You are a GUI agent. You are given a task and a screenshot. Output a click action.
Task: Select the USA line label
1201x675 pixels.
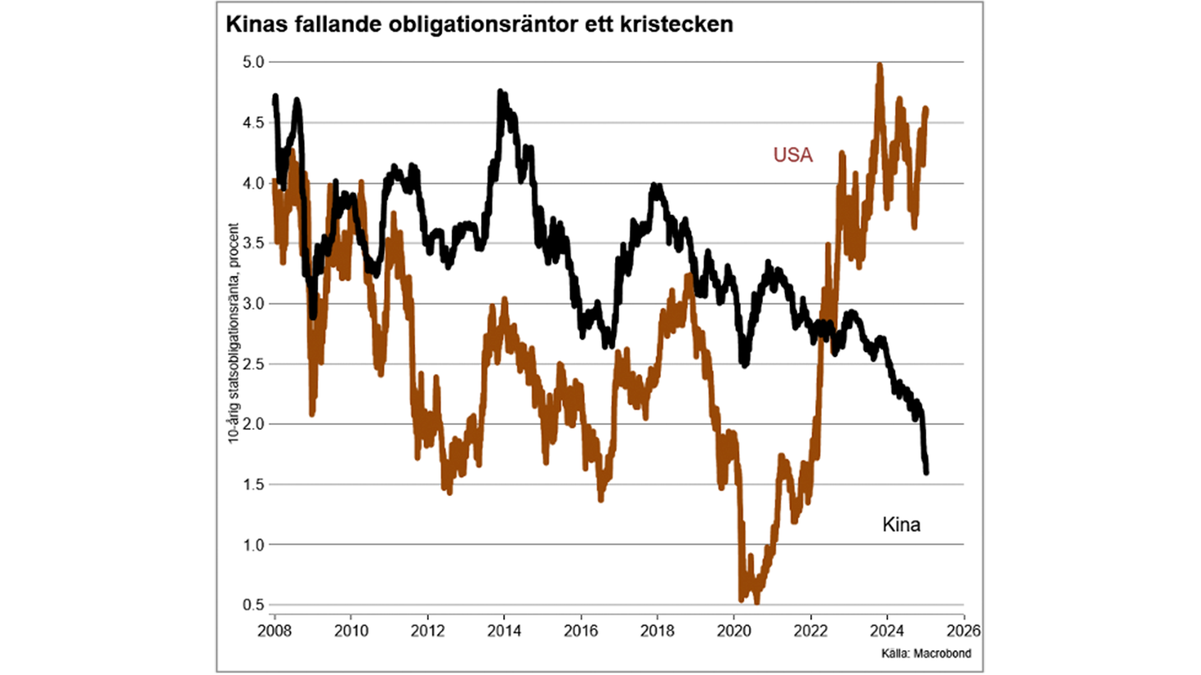[793, 155]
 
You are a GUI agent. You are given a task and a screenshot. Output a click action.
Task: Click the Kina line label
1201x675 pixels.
[901, 524]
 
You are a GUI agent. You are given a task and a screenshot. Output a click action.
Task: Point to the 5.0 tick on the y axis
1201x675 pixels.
[253, 62]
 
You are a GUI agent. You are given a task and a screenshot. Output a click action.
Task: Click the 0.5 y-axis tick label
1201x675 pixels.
[253, 604]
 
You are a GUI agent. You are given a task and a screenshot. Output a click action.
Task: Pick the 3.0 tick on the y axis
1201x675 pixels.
[253, 304]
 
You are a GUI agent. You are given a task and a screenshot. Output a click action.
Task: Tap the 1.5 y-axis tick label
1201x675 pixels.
[253, 484]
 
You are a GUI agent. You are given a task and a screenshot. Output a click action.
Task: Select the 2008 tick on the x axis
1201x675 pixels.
[275, 631]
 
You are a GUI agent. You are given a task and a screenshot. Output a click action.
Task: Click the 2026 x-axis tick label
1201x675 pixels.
[963, 631]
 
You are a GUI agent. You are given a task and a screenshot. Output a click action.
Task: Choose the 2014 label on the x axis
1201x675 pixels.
[504, 631]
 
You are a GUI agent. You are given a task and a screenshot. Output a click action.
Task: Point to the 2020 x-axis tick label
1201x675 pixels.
[734, 631]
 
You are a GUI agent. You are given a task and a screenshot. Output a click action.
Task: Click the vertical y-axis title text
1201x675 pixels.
[233, 334]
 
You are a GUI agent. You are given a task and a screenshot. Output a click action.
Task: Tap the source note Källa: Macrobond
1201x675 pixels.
[926, 653]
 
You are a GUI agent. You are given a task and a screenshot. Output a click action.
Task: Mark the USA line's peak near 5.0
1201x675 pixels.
[879, 65]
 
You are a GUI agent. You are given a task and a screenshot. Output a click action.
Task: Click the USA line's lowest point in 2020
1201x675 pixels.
[757, 601]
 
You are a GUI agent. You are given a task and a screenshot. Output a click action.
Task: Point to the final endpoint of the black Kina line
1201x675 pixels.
[926, 472]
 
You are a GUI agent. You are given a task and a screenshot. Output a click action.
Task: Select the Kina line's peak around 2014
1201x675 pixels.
[500, 92]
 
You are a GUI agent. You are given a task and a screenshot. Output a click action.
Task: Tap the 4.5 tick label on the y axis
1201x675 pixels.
[253, 122]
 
